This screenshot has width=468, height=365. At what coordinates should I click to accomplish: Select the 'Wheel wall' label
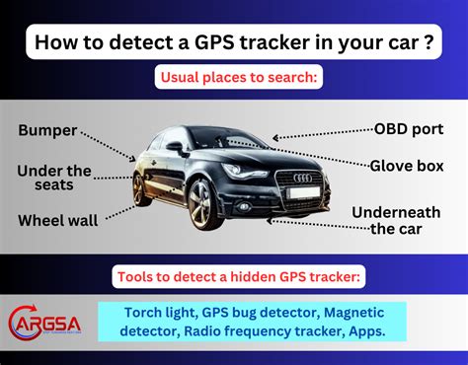click(57, 221)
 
